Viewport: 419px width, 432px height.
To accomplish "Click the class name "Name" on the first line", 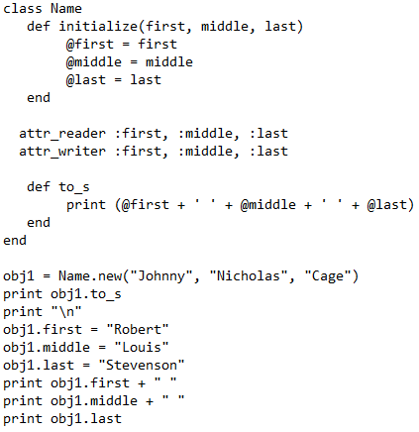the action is click(x=66, y=8).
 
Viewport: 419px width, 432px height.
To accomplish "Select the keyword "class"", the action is click(x=23, y=8).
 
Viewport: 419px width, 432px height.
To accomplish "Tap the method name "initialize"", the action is click(x=99, y=27).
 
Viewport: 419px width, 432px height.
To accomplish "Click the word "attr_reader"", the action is click(x=62, y=134).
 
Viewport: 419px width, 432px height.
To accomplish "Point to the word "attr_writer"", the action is click(x=62, y=152).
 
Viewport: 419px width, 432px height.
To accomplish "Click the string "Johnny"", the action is click(x=161, y=276).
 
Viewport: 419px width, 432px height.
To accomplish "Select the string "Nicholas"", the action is click(x=249, y=276).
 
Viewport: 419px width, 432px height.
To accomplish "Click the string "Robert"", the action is click(x=138, y=330).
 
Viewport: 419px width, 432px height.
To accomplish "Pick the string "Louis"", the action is click(x=142, y=348).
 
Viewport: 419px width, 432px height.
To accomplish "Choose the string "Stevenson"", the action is click(x=142, y=366).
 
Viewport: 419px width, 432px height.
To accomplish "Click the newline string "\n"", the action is click(x=66, y=312).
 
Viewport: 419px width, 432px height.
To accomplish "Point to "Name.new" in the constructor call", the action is click(x=90, y=276).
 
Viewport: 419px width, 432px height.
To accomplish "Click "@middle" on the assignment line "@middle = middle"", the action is click(x=94, y=62).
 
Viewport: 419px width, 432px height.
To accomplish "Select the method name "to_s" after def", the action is click(x=74, y=187).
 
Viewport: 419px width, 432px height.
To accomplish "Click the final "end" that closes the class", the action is click(x=15, y=241).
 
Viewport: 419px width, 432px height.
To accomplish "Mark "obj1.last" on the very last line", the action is click(x=86, y=419).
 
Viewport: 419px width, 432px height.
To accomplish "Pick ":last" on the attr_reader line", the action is click(x=268, y=134).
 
